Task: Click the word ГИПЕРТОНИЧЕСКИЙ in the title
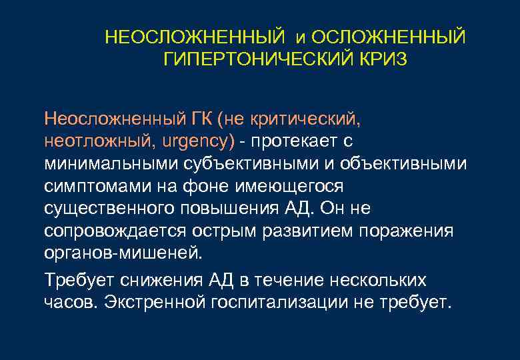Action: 252,59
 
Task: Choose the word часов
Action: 71,302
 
